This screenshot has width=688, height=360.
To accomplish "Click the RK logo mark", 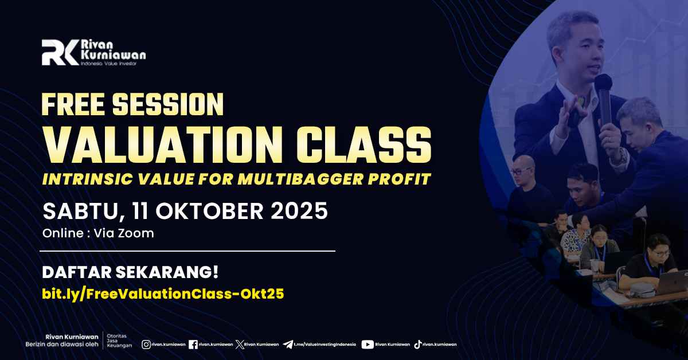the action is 60,53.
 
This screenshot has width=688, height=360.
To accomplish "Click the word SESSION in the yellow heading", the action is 167,104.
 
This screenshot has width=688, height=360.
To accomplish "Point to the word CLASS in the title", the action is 363,144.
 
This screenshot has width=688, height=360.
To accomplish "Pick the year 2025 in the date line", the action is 299,211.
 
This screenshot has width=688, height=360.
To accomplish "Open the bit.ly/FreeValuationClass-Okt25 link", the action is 163,294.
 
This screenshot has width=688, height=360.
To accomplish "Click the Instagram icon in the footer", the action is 146,345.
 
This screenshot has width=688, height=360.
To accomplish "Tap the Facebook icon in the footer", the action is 193,345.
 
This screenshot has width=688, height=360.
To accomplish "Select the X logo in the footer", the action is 240,345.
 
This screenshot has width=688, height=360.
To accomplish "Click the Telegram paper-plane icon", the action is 287,345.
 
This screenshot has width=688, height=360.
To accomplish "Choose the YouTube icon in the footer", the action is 368,345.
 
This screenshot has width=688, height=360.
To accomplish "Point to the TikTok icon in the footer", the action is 417,345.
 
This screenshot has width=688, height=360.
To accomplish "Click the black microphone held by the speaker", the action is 604,99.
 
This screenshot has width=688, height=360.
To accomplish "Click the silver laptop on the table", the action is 672,283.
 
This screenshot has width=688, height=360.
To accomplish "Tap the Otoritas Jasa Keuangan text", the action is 119,341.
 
